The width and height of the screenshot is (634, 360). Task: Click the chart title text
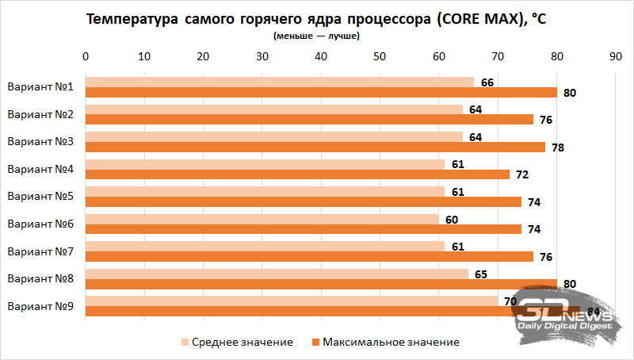[316, 20]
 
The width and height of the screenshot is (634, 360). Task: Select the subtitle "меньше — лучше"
[316, 36]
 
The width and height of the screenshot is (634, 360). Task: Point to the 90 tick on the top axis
[615, 56]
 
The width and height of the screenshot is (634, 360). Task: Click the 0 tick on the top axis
[86, 56]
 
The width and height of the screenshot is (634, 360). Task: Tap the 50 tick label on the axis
[380, 56]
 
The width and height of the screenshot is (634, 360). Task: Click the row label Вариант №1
[40, 87]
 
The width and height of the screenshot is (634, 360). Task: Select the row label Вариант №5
[40, 197]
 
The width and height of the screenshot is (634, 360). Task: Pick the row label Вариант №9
[40, 306]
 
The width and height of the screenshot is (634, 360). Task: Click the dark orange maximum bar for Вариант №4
[297, 174]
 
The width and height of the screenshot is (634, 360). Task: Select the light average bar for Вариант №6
[262, 219]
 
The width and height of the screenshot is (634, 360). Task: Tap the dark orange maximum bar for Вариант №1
[321, 92]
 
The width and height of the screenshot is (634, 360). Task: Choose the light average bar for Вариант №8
[277, 274]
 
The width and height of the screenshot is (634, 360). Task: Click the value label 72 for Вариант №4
[521, 174]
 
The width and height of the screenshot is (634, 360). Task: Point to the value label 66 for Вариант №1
[487, 82]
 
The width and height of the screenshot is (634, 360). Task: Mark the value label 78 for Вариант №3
[557, 147]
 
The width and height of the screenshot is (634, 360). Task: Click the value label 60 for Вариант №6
[452, 219]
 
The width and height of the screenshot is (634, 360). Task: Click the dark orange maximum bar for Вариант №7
[309, 256]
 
